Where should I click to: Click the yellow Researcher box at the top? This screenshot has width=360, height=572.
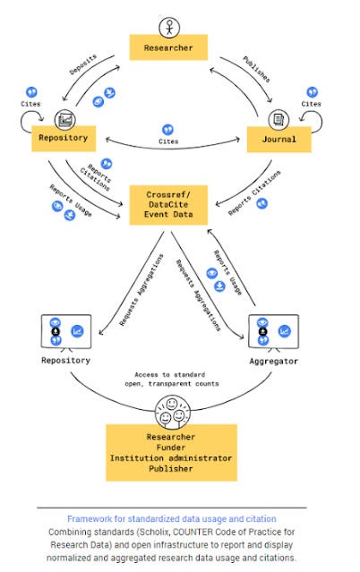click(168, 47)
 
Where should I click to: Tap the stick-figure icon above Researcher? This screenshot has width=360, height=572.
click(169, 28)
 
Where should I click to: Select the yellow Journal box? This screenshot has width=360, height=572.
click(279, 140)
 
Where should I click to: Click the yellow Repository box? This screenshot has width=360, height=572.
click(64, 138)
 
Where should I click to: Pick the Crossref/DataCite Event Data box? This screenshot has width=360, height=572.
click(168, 205)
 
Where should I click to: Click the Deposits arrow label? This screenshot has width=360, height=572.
click(83, 64)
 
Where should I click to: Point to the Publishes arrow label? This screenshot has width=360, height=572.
click(257, 69)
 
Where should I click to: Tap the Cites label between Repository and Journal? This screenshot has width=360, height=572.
click(168, 141)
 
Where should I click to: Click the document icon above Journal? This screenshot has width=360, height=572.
click(279, 120)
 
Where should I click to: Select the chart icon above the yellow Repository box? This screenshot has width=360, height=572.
click(65, 120)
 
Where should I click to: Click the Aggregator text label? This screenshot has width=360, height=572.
click(273, 361)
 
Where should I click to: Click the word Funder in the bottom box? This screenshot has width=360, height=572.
click(171, 448)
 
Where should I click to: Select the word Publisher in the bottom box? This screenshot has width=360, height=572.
click(171, 468)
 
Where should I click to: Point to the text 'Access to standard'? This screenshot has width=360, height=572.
click(170, 375)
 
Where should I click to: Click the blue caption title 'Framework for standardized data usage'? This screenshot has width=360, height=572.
click(172, 519)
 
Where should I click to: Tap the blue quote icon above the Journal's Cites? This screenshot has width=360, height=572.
click(313, 92)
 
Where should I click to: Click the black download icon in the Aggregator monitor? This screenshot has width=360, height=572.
click(263, 331)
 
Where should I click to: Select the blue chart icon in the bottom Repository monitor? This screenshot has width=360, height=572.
click(77, 331)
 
